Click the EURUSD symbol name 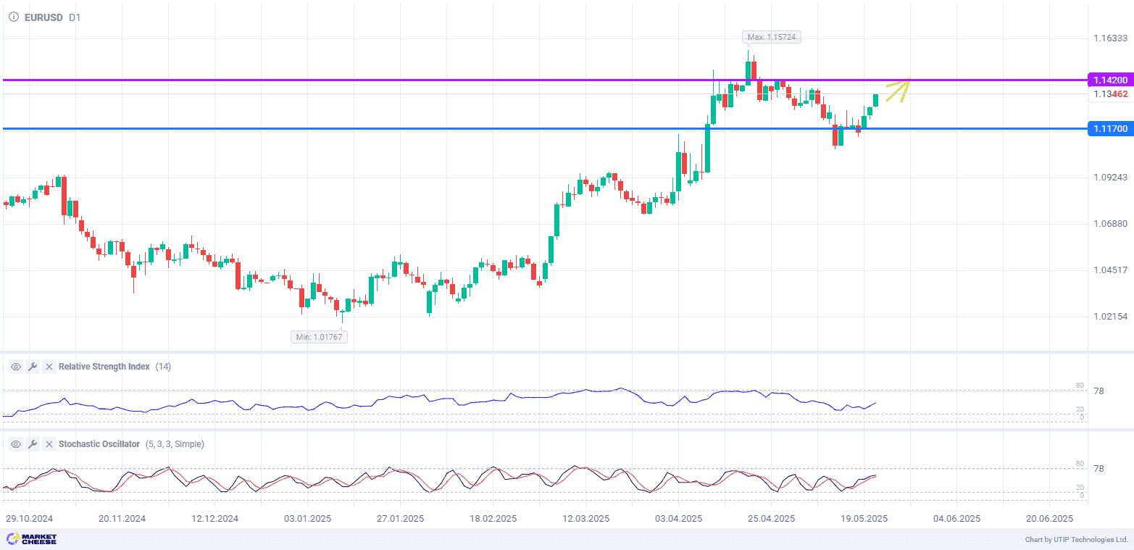click(x=44, y=17)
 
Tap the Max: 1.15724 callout click(x=772, y=37)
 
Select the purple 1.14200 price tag click(x=1109, y=80)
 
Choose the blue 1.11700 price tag click(x=1109, y=129)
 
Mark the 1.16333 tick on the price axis click(x=1110, y=38)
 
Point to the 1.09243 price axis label click(x=1110, y=178)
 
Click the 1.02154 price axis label click(x=1110, y=317)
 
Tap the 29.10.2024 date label click(x=29, y=519)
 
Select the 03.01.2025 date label click(x=307, y=519)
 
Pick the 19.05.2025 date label click(x=864, y=519)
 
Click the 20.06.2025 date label click(x=1049, y=519)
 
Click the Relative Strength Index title click(x=104, y=367)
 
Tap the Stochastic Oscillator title click(x=99, y=444)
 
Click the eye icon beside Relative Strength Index click(x=15, y=367)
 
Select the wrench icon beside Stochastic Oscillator click(x=33, y=444)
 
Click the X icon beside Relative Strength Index click(x=49, y=367)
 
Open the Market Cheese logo click(x=31, y=539)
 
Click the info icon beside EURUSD click(x=13, y=17)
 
